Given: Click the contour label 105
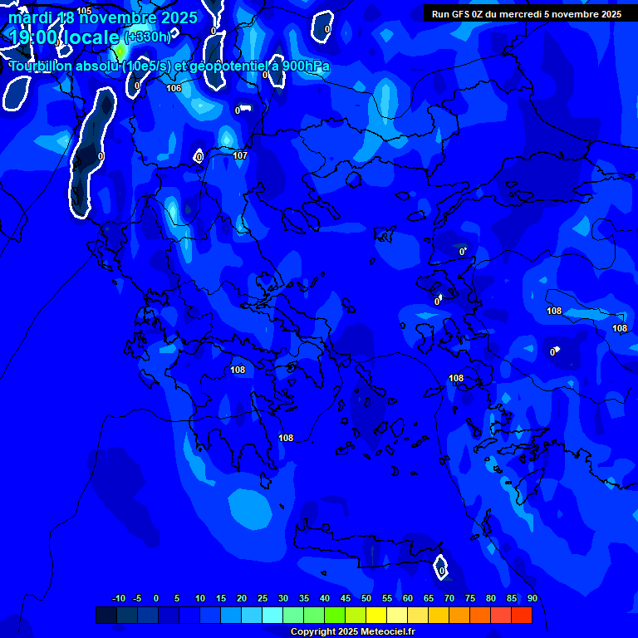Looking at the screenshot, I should (x=84, y=11).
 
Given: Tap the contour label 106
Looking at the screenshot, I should (x=174, y=88).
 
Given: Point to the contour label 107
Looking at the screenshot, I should (x=240, y=155).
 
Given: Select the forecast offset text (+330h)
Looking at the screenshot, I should (x=147, y=37).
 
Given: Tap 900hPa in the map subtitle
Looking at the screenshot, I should (x=304, y=66).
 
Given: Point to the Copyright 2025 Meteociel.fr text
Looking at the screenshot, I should (x=352, y=632).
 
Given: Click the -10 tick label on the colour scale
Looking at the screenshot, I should (x=119, y=599).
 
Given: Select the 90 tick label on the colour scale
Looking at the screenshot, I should (x=532, y=599).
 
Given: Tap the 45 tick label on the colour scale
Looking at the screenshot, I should (x=345, y=599).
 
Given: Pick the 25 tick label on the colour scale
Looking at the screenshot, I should (x=262, y=599).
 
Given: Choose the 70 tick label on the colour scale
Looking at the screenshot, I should (x=449, y=599).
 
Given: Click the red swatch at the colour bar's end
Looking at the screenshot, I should (x=521, y=615).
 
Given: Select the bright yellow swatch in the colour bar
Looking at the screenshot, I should (x=376, y=615).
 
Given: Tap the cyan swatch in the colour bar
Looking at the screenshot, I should (x=272, y=615).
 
